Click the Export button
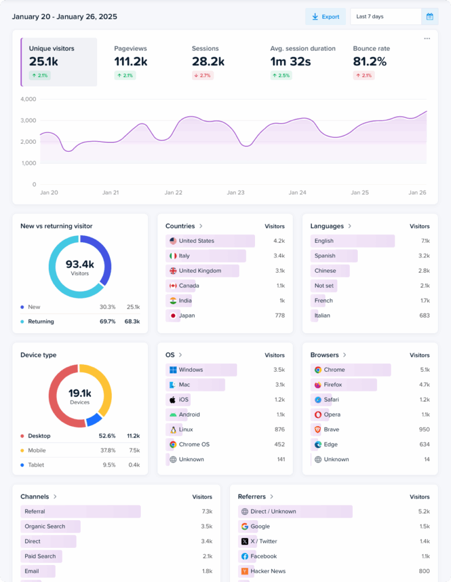click(325, 16)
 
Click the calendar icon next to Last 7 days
click(429, 16)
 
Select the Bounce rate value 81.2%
click(370, 62)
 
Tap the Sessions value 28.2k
click(208, 62)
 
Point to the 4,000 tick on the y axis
click(28, 99)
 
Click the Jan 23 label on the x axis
click(235, 193)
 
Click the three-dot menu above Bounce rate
click(427, 39)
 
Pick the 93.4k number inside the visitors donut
click(80, 264)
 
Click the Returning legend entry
click(41, 322)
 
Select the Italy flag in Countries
click(173, 256)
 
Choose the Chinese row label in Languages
click(325, 271)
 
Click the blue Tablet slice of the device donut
click(93, 419)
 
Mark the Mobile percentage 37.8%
click(107, 451)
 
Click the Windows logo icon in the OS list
click(173, 370)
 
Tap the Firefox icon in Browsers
click(318, 385)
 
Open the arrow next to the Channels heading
click(55, 497)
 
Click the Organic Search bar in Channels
click(51, 526)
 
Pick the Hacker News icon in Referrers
click(245, 571)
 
